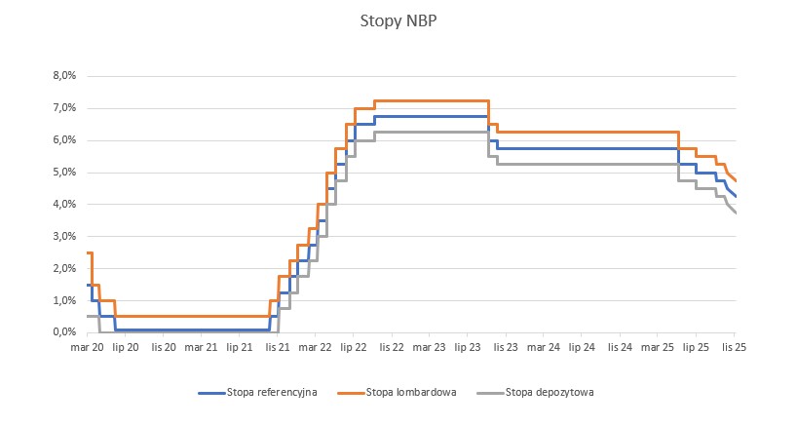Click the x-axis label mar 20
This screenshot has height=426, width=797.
[88, 347]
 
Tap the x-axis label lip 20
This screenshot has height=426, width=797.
[126, 347]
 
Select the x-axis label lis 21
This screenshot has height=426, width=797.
[278, 347]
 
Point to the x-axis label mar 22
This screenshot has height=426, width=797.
[316, 347]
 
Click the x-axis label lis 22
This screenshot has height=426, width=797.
[392, 347]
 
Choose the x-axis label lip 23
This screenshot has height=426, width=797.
[468, 347]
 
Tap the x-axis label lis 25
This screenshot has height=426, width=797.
[734, 347]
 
